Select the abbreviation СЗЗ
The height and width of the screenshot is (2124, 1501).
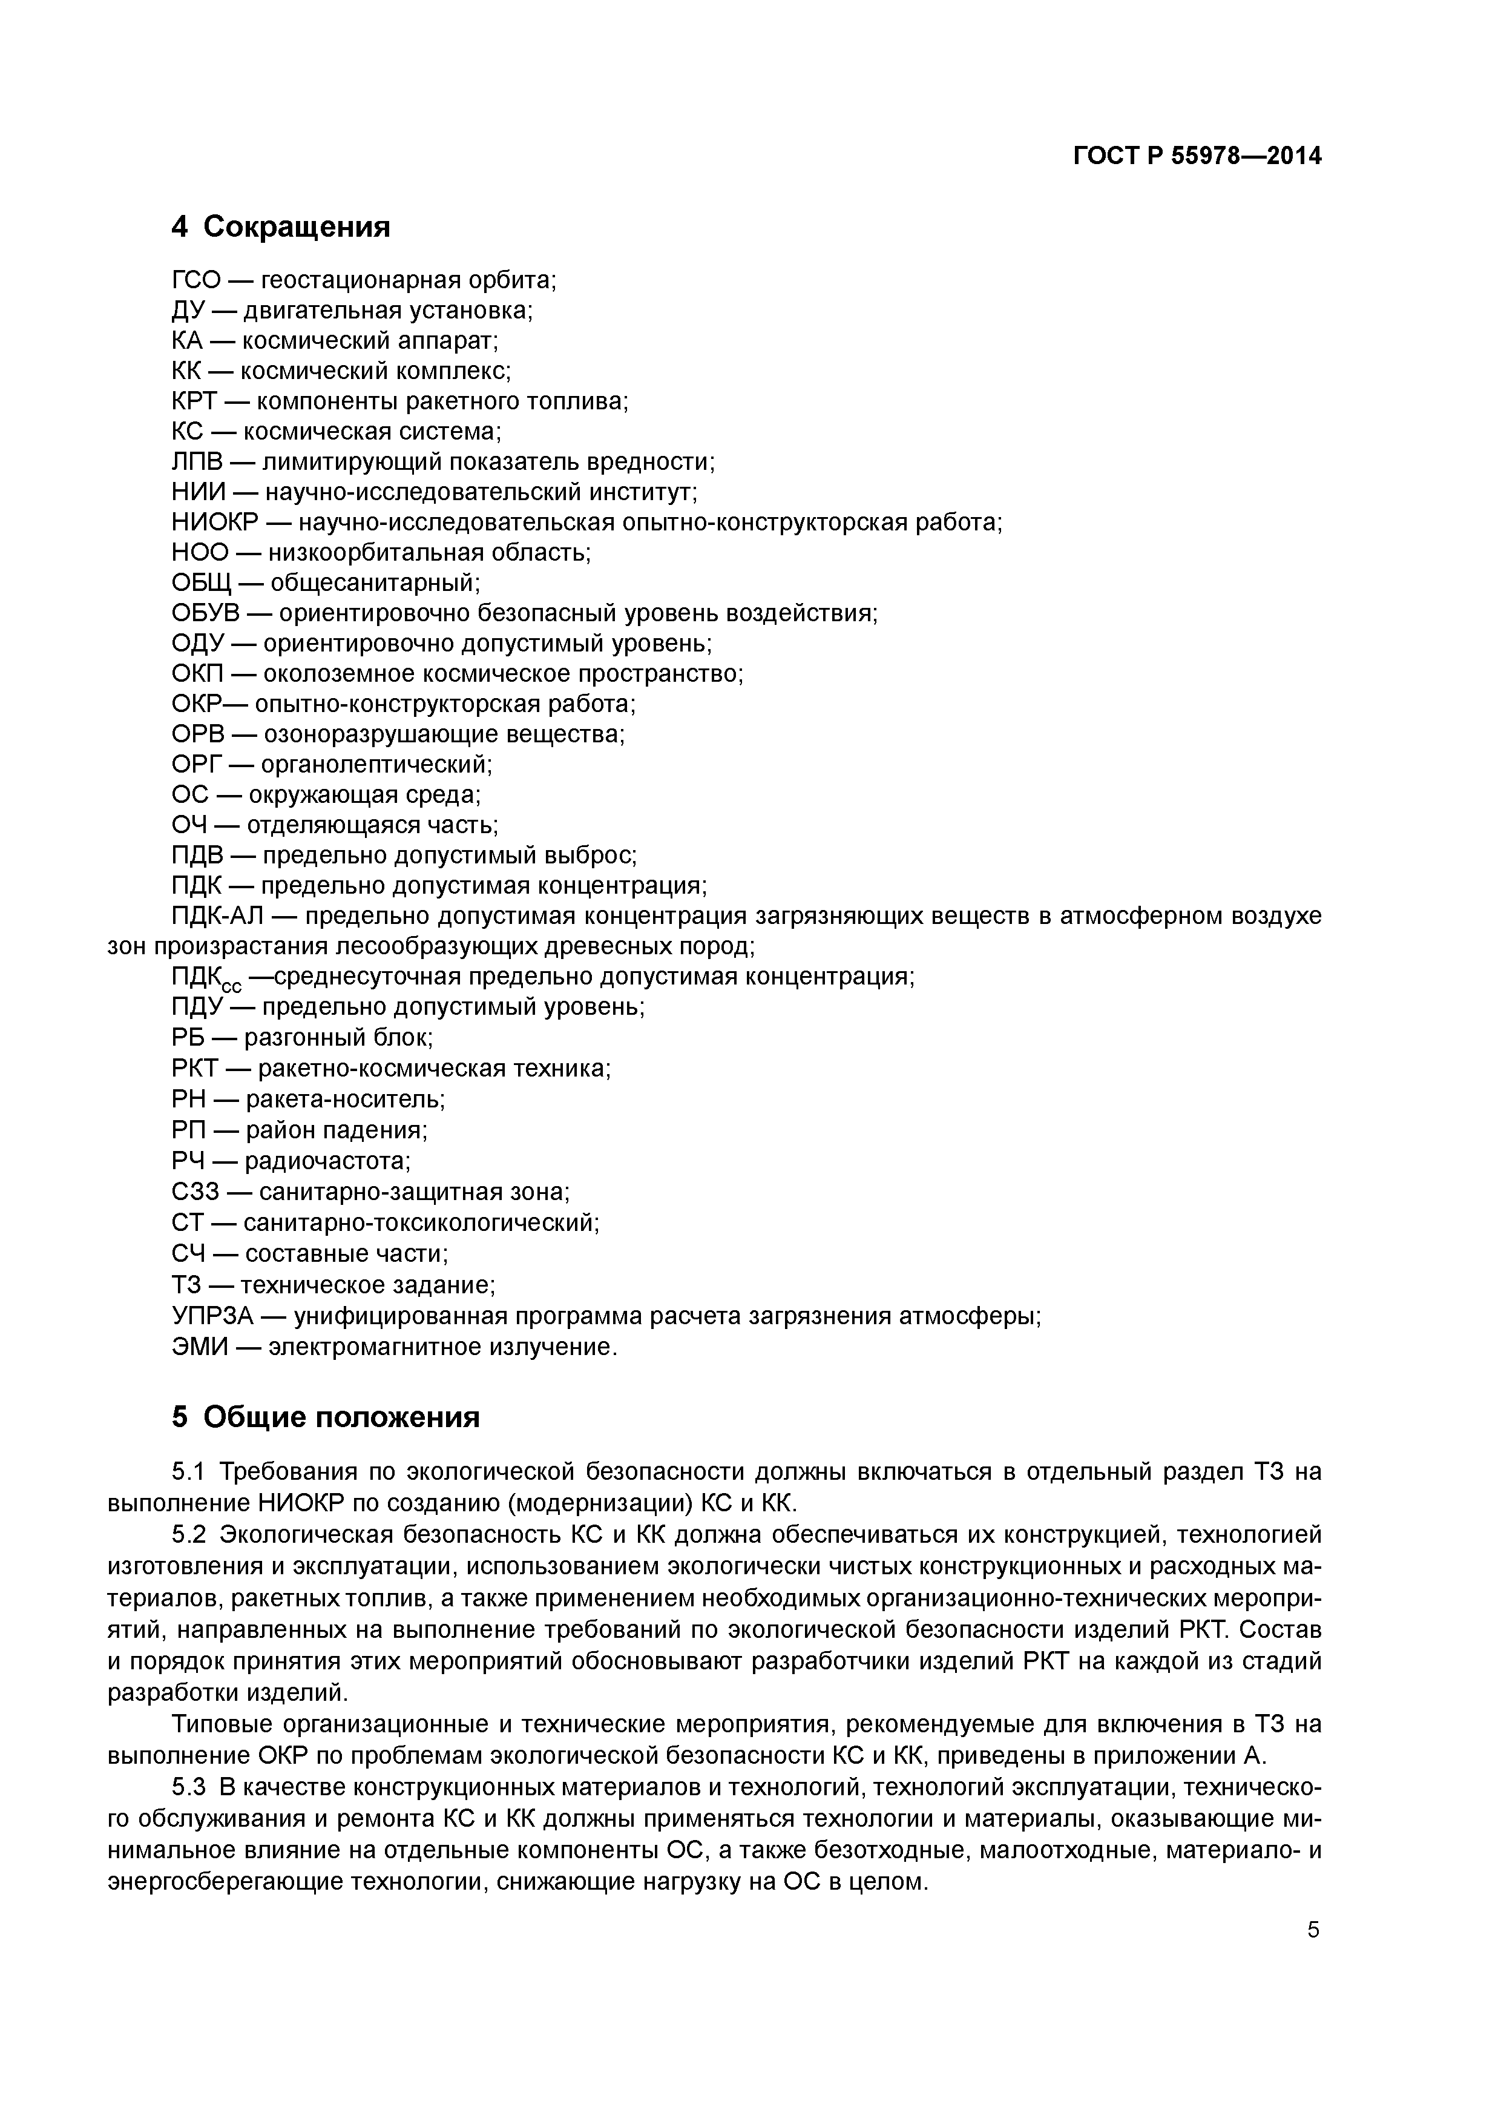[x=195, y=1192]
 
